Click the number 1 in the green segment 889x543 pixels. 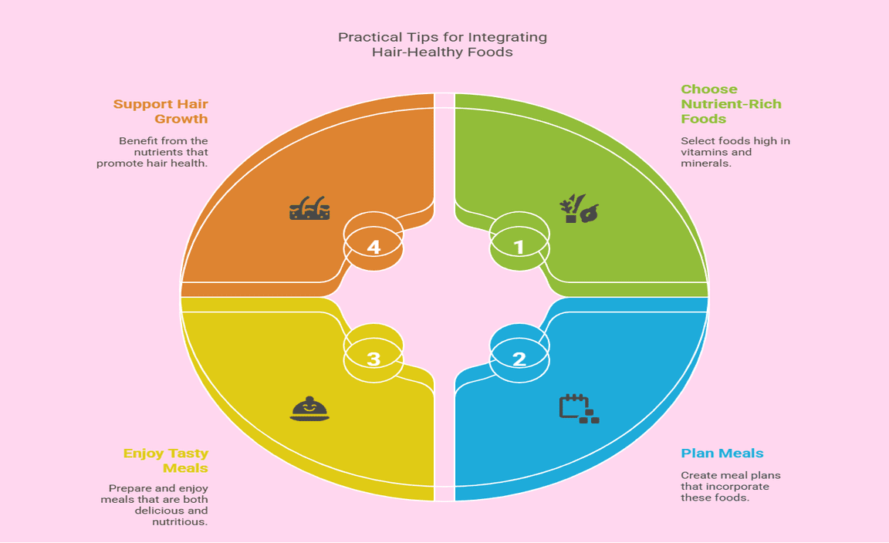coord(519,248)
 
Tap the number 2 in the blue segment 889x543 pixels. coord(519,359)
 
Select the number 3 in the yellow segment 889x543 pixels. coord(374,359)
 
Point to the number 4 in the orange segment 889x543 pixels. coord(374,248)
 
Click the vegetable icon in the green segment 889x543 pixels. coord(579,209)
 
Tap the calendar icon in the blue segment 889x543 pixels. coord(578,408)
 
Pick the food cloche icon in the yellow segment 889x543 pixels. coord(309,408)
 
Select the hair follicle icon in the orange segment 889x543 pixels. coord(309,209)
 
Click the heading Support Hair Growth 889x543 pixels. coord(161,111)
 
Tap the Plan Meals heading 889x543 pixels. coord(722,453)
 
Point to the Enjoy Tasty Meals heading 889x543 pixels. coord(166,460)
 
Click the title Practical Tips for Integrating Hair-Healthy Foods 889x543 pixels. coord(443,45)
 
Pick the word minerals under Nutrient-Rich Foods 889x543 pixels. coord(706,164)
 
